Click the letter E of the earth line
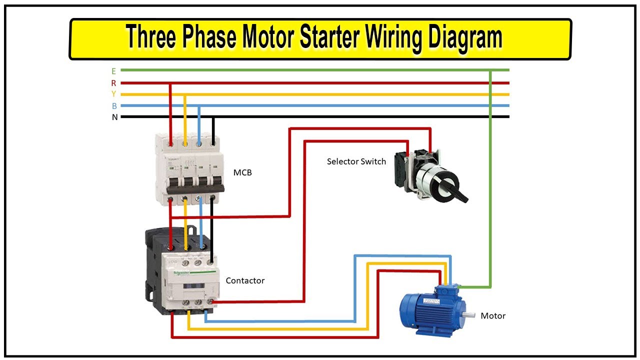(113, 71)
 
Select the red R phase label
(113, 83)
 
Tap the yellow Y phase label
(113, 94)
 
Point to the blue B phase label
(114, 106)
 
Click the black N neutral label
(114, 117)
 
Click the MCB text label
(242, 173)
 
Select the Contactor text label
(245, 280)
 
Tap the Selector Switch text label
(356, 161)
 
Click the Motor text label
(492, 315)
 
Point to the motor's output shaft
(468, 314)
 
